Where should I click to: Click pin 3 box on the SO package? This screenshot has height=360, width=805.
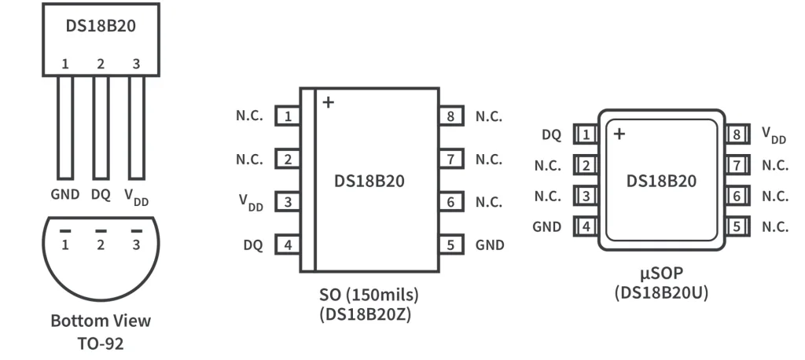289,202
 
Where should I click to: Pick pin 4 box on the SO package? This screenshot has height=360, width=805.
289,244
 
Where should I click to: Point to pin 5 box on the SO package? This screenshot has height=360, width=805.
450,244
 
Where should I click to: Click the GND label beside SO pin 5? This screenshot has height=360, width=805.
490,244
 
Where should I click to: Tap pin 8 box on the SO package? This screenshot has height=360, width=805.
450,117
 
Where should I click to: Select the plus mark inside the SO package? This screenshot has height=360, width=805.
328,102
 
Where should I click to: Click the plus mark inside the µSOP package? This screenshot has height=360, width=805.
619,134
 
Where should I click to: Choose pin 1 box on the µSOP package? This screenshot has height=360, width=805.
585,134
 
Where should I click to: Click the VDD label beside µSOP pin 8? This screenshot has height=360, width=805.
774,135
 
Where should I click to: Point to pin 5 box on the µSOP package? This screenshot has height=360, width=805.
737,227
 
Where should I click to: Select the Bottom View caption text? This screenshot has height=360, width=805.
101,321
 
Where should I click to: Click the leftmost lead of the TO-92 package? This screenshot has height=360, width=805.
65,126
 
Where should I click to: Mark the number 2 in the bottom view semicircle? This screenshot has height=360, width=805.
101,245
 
